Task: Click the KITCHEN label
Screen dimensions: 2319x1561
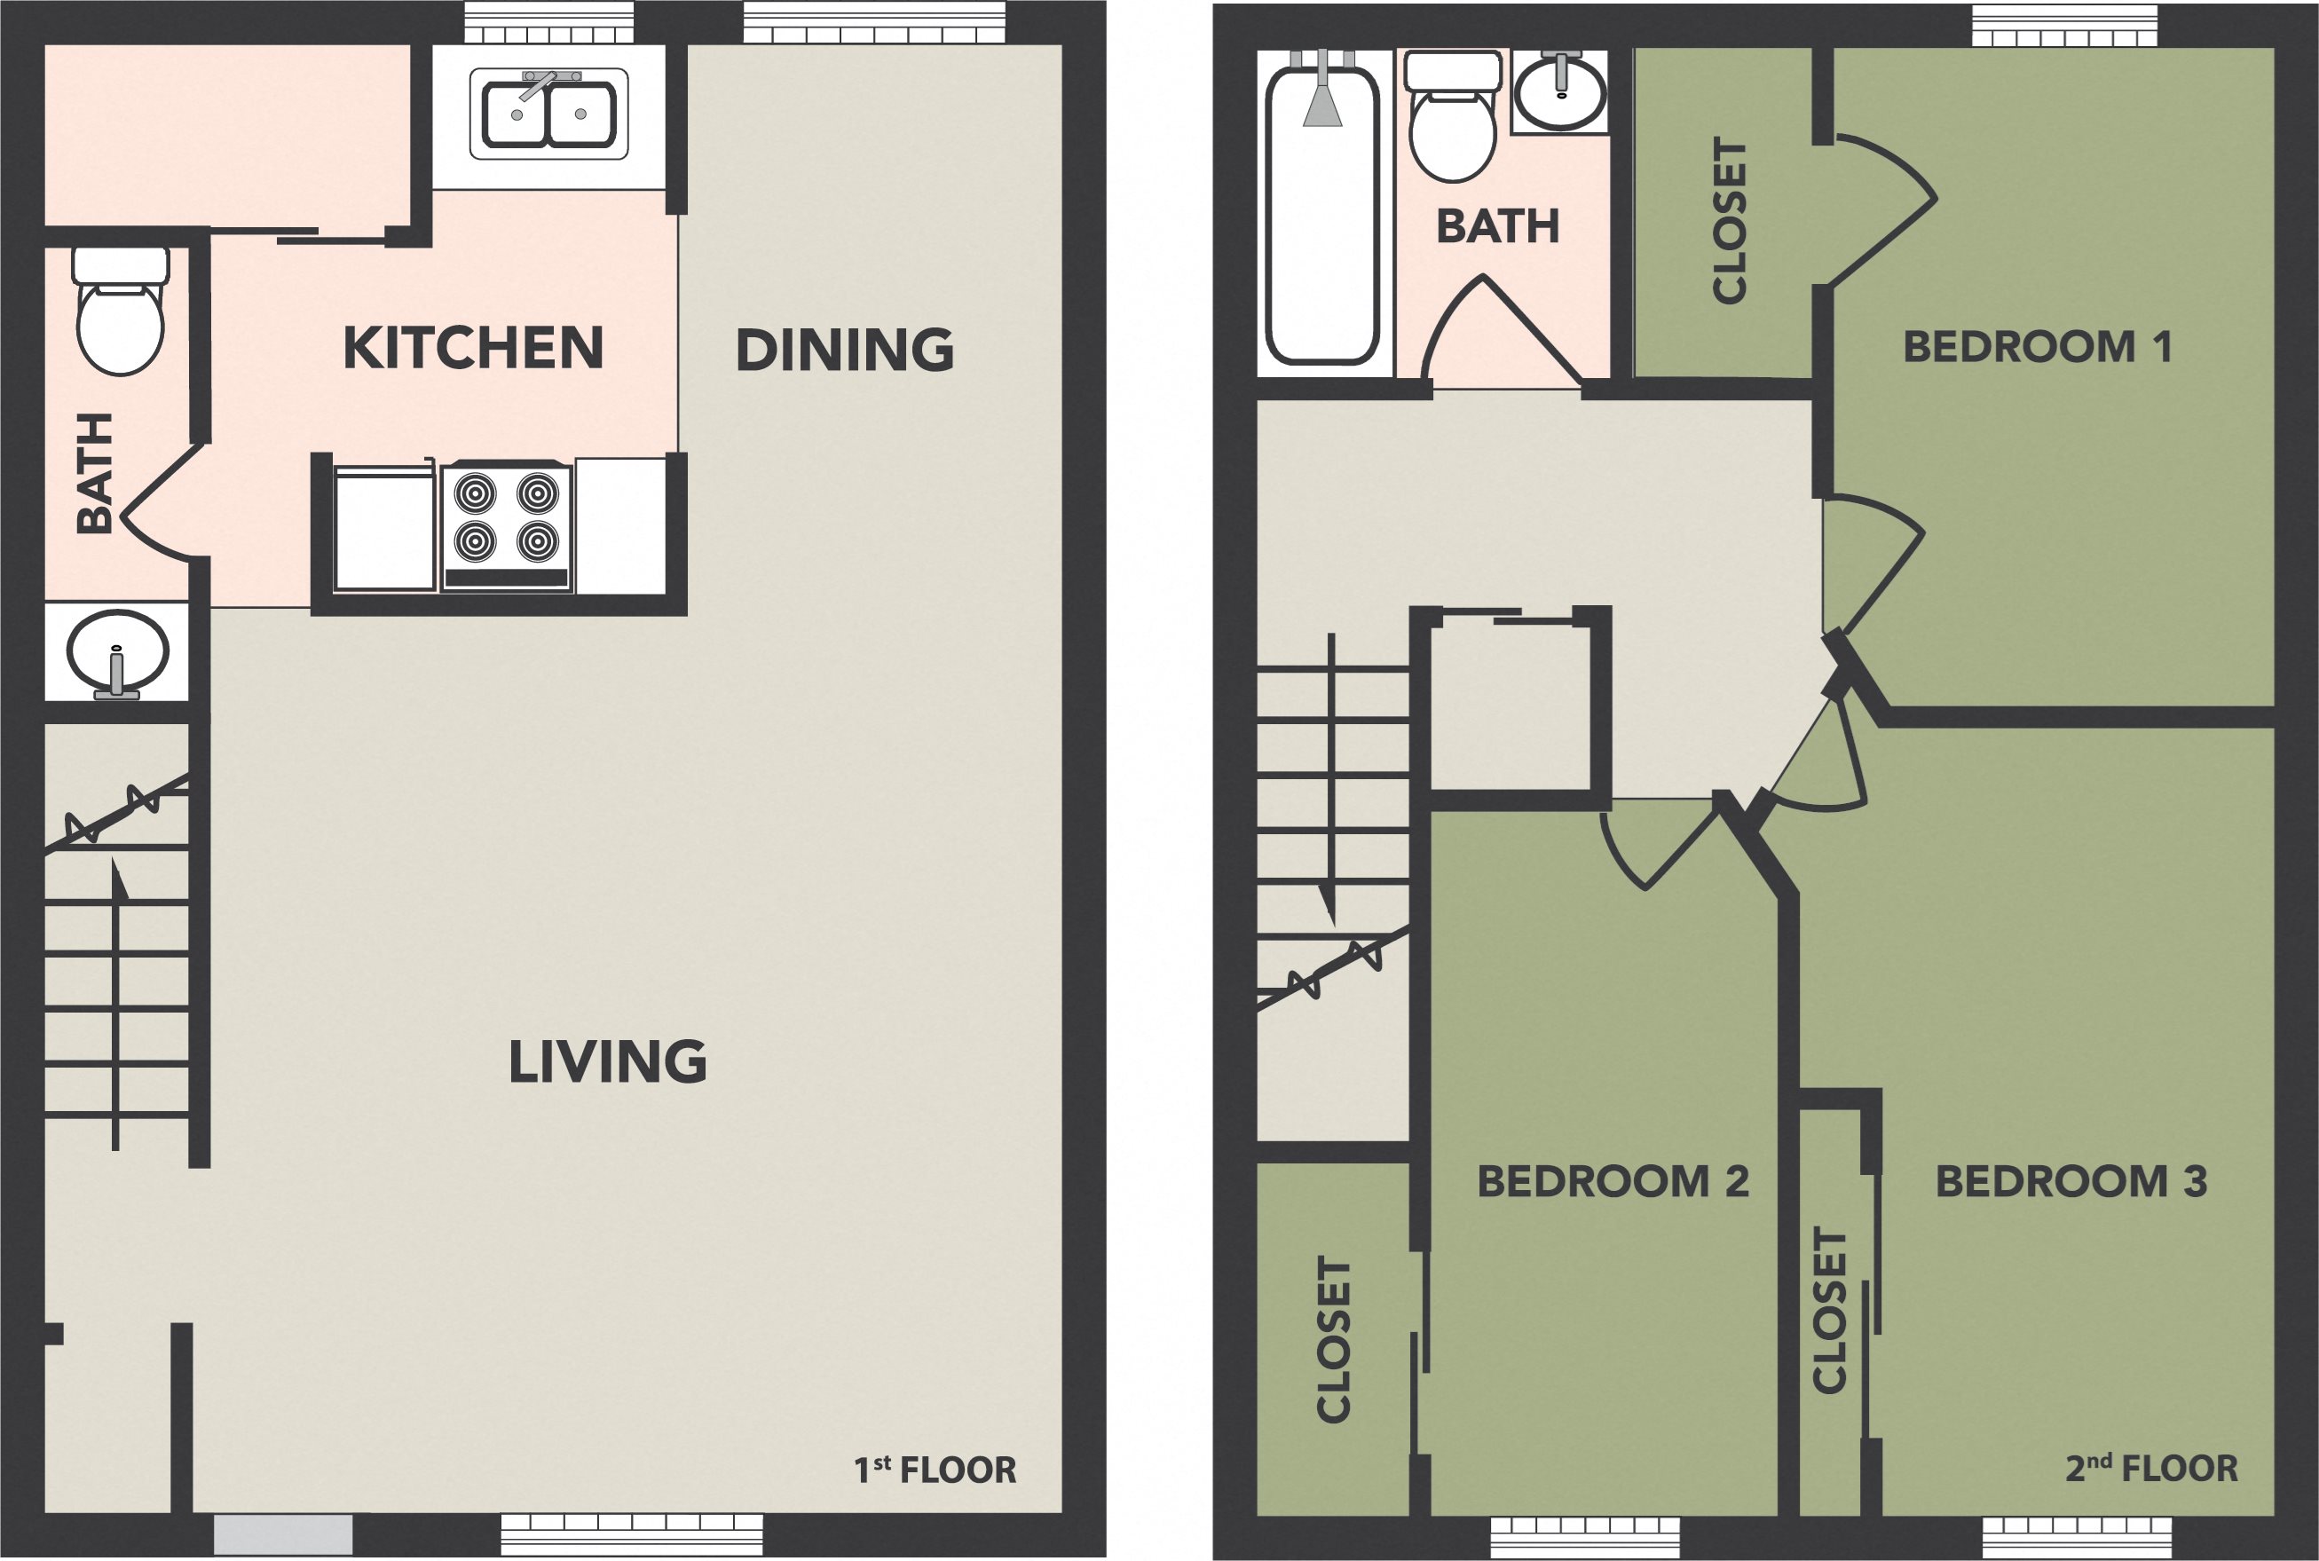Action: [x=474, y=348]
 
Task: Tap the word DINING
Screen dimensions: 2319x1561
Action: [x=845, y=350]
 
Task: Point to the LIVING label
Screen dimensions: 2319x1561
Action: [x=608, y=1061]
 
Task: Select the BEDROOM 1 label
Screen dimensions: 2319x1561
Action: [x=2038, y=346]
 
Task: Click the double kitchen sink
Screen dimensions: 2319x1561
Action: [x=548, y=114]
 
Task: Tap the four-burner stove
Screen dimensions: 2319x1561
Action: [x=507, y=526]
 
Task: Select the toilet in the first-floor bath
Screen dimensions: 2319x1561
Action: [x=121, y=311]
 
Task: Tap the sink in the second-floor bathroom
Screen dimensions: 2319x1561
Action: [x=1559, y=91]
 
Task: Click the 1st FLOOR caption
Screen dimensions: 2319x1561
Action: [x=935, y=1470]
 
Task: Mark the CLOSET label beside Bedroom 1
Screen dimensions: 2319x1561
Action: [x=1730, y=220]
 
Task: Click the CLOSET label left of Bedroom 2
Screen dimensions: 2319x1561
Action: [x=1335, y=1339]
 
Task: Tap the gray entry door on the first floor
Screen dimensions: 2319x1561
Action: [x=284, y=1534]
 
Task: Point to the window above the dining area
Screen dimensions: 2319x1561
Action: [x=875, y=22]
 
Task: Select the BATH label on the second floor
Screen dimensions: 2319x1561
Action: [x=1498, y=226]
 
